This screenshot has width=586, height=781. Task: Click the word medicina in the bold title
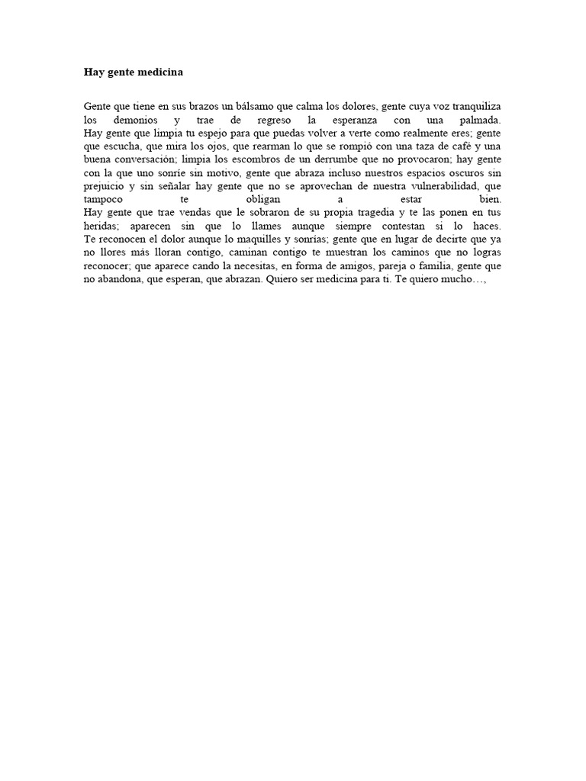click(159, 72)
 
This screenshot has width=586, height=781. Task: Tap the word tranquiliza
click(474, 106)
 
